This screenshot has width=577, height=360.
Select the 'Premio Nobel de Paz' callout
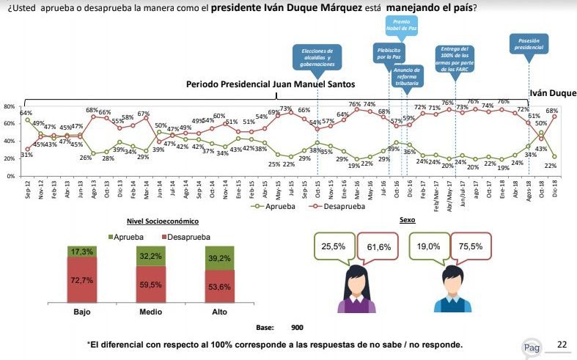402,26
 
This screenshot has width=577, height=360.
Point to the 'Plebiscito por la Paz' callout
386,53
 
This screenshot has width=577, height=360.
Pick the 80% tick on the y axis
10,106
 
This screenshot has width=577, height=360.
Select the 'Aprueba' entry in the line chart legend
266,206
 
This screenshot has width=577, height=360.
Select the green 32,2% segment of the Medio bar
150,257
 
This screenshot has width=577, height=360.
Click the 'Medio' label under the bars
150,312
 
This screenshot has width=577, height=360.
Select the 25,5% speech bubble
334,248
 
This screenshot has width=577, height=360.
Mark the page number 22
562,344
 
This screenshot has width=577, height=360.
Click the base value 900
297,327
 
